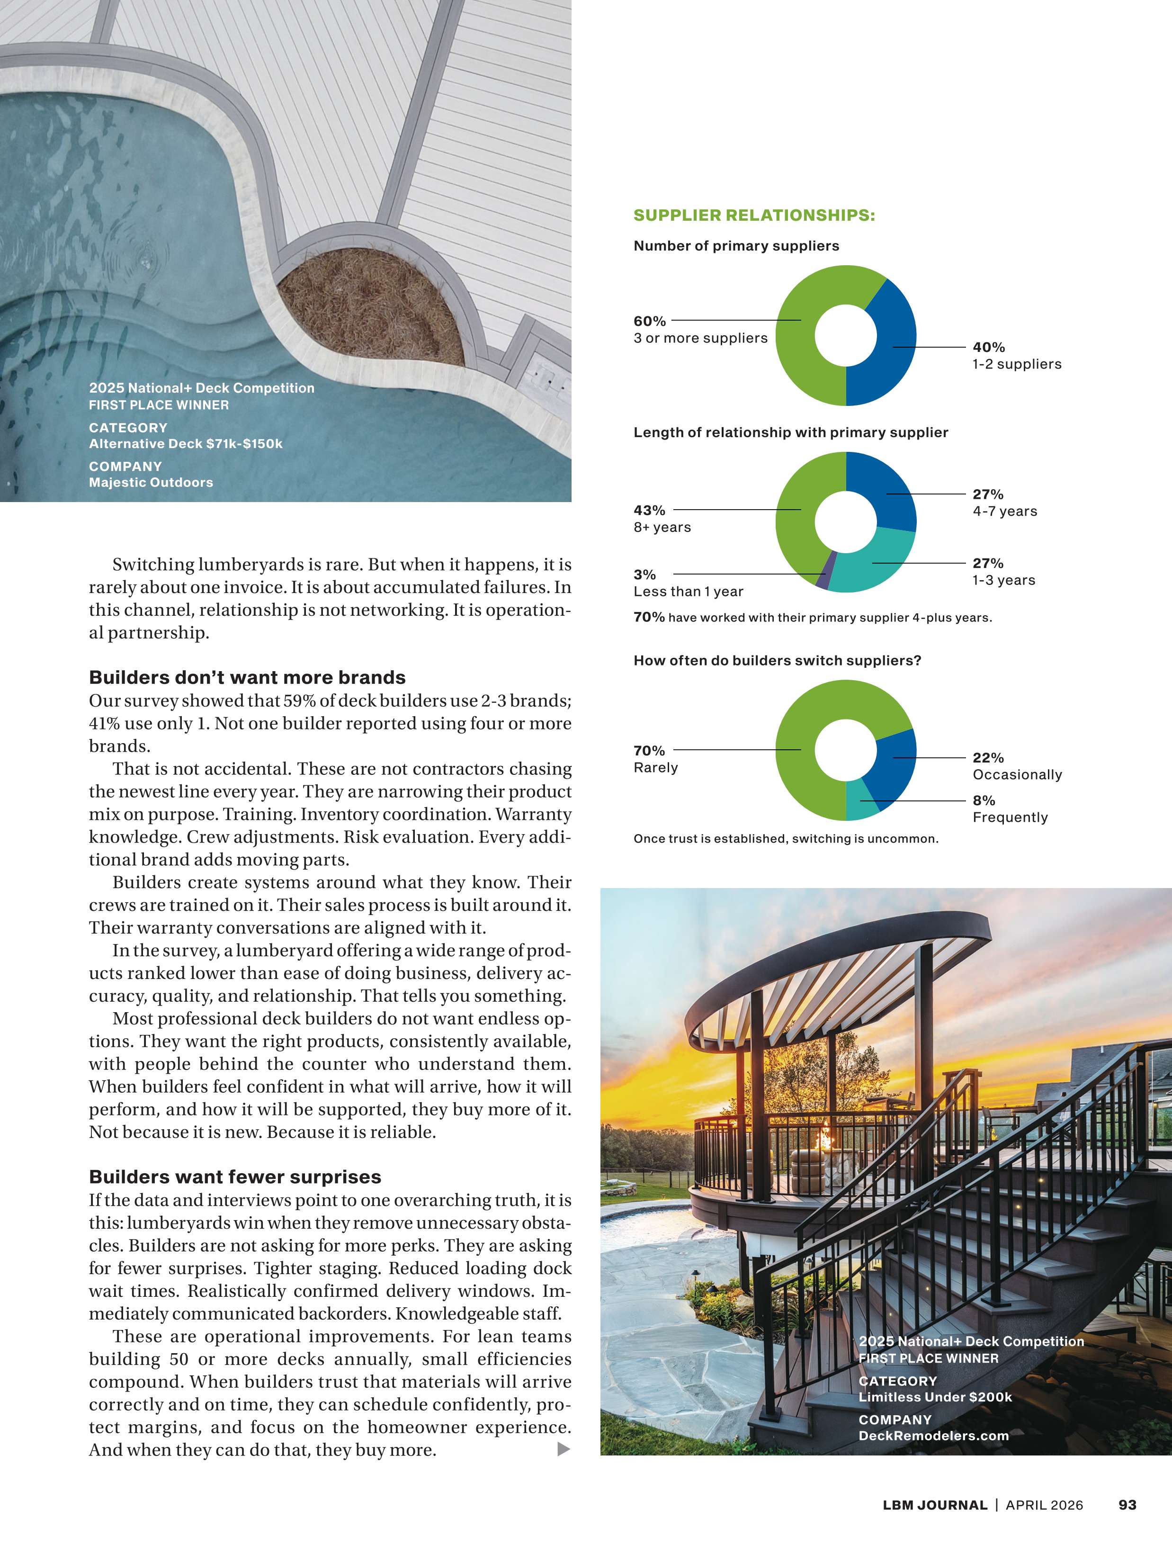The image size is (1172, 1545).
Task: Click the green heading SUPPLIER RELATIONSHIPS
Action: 753,215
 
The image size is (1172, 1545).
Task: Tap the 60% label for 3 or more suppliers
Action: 650,321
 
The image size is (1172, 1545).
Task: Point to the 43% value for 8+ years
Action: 650,511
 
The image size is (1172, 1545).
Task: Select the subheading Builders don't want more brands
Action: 247,677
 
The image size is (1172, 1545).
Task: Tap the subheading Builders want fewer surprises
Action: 235,1177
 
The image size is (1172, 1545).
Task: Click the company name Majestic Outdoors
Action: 151,483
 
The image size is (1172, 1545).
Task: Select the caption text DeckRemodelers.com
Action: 933,1436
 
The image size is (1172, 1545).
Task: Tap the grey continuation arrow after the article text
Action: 564,1449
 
